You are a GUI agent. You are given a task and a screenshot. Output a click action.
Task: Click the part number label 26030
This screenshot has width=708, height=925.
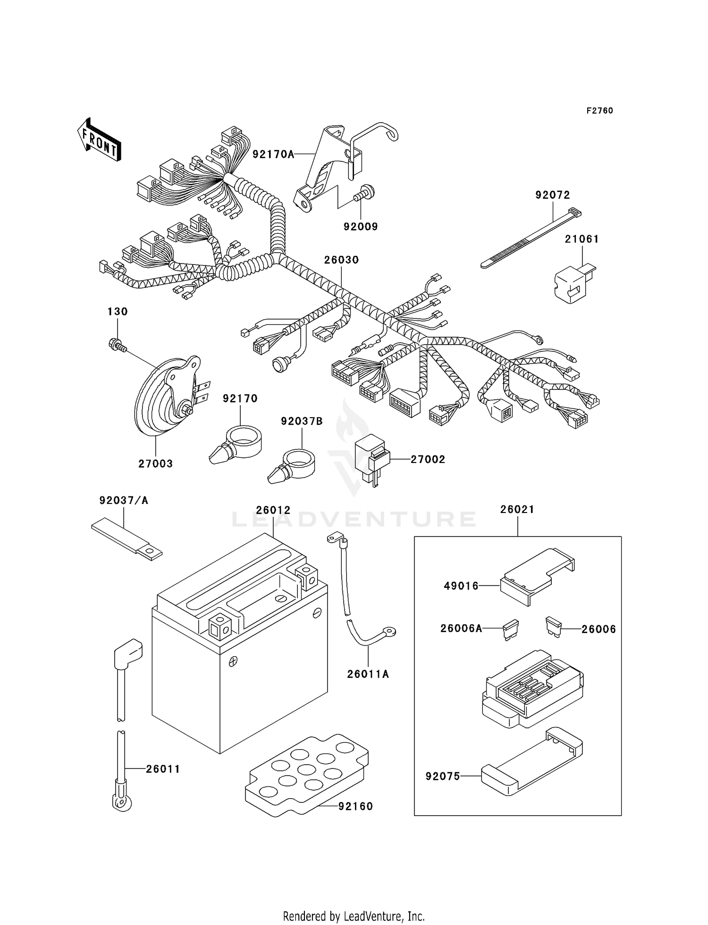pyautogui.click(x=341, y=260)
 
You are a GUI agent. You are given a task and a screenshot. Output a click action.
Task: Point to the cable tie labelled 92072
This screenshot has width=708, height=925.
pyautogui.click(x=529, y=240)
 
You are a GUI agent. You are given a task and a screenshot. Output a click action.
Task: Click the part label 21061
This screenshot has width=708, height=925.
pyautogui.click(x=582, y=239)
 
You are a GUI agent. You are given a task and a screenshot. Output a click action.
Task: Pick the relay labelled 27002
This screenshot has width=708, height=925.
pyautogui.click(x=372, y=458)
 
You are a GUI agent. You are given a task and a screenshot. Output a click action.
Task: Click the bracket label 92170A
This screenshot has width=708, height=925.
pyautogui.click(x=273, y=154)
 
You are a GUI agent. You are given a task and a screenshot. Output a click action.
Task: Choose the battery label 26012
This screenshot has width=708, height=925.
pyautogui.click(x=273, y=510)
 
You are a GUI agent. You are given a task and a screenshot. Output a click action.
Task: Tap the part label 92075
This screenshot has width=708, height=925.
pyautogui.click(x=442, y=776)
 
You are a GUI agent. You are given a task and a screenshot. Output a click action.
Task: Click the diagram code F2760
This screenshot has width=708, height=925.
pyautogui.click(x=599, y=111)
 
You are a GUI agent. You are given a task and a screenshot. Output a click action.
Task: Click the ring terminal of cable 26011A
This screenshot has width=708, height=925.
pyautogui.click(x=390, y=631)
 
